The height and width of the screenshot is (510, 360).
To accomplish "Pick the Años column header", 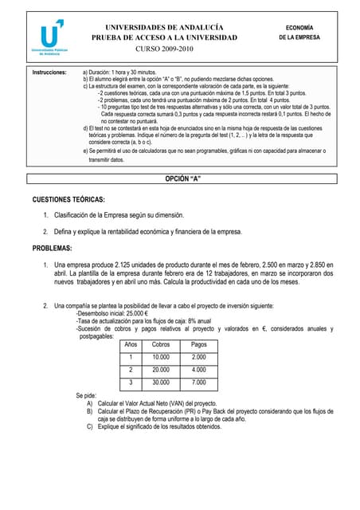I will (x=131, y=344).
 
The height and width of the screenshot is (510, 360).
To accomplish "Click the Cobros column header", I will (x=161, y=344).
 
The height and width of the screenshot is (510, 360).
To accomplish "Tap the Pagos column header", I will (x=199, y=344).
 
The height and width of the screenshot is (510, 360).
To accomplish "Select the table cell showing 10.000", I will (x=161, y=357).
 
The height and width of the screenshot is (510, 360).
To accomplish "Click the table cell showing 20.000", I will (x=161, y=370).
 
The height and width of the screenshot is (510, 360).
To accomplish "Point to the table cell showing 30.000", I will (x=161, y=382).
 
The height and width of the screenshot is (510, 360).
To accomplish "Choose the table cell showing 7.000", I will (x=199, y=382).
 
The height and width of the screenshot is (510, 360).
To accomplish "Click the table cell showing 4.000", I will (x=199, y=370).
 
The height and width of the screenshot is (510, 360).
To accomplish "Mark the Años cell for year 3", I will (x=131, y=382).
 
